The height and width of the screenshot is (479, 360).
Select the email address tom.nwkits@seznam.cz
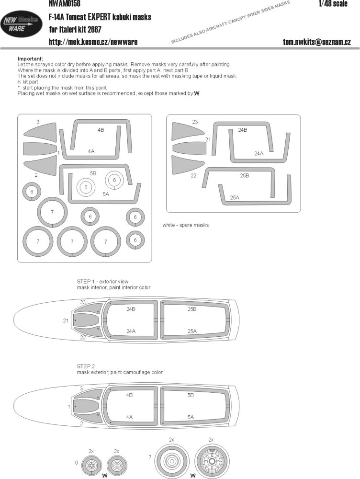pyautogui.click(x=316, y=42)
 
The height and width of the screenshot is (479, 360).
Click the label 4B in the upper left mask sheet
pyautogui.click(x=101, y=130)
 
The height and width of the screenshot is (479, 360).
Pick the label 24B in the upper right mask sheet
pyautogui.click(x=242, y=130)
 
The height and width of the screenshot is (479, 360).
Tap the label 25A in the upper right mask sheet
pyautogui.click(x=235, y=197)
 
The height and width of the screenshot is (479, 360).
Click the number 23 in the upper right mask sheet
pyautogui.click(x=195, y=122)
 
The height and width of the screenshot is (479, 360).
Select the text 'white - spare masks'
pyautogui.click(x=186, y=225)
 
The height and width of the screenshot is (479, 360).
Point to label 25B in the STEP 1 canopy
pyautogui.click(x=192, y=309)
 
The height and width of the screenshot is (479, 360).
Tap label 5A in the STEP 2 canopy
pyautogui.click(x=191, y=417)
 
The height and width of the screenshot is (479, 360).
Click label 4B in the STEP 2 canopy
pyautogui.click(x=130, y=396)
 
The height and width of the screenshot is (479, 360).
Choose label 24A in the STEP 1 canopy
pyautogui.click(x=131, y=331)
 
